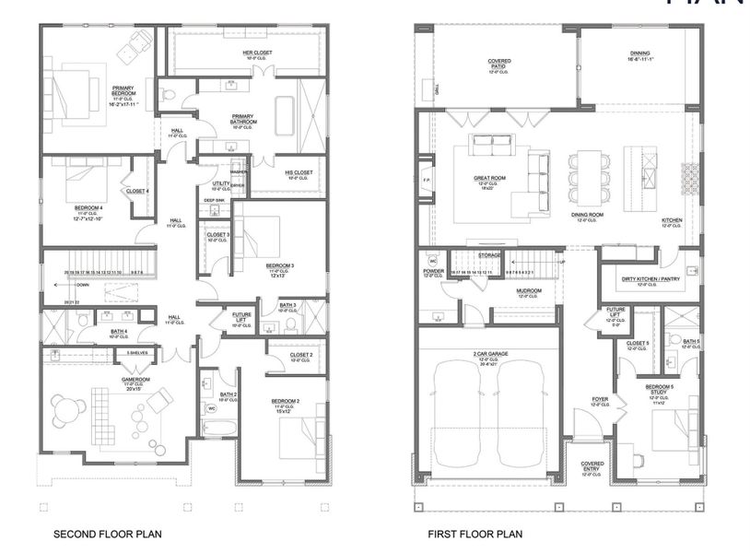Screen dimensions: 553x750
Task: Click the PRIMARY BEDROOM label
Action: coord(125,91)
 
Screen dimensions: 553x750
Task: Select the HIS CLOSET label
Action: coord(299,172)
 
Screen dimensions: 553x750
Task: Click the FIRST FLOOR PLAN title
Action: coord(475,534)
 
